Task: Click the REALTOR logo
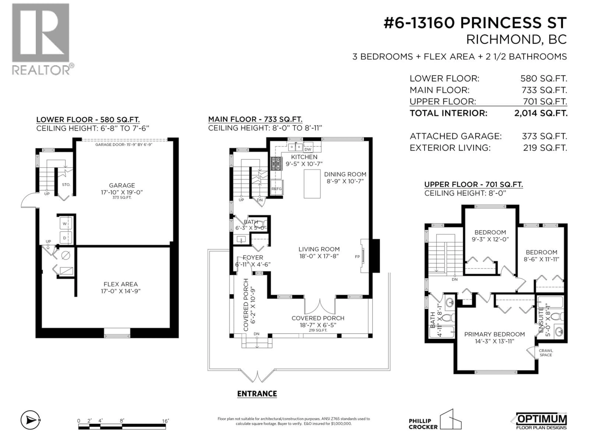click(41, 39)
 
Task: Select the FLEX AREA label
click(121, 284)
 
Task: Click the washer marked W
click(65, 224)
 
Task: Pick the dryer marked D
click(65, 238)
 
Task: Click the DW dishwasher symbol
click(308, 149)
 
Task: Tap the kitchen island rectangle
click(312, 184)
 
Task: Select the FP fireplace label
click(357, 257)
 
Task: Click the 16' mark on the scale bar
click(165, 421)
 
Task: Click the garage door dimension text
click(124, 145)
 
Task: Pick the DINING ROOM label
click(345, 174)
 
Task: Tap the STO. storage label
click(66, 184)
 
